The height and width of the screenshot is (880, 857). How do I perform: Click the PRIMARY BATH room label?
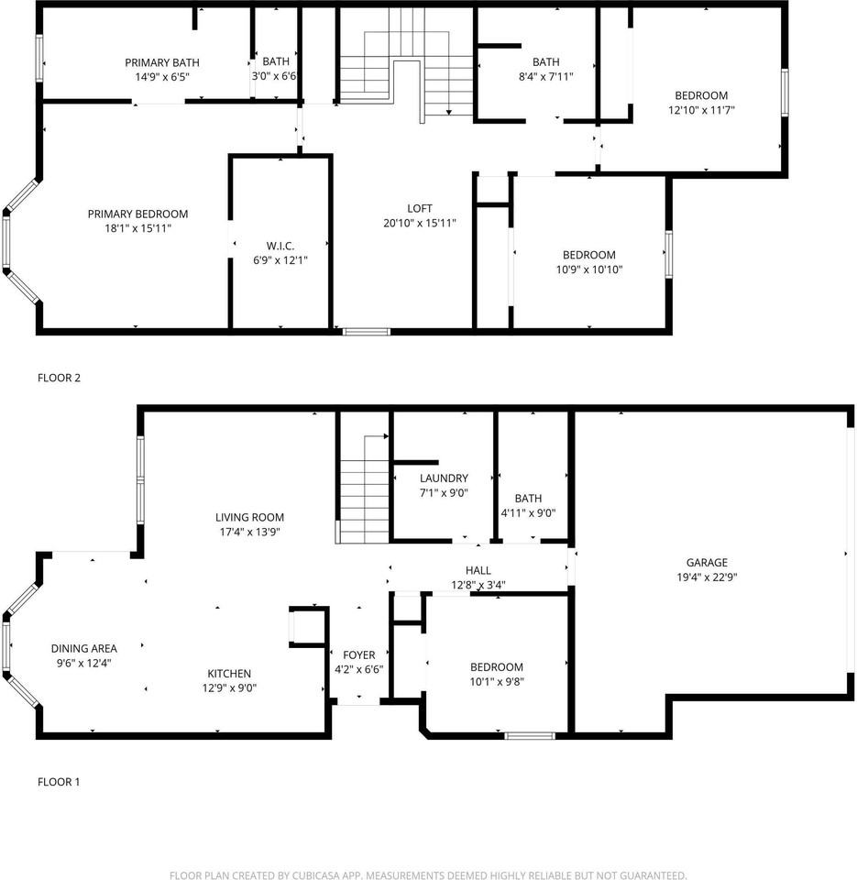(161, 62)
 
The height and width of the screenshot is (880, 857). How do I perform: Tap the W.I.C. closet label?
(280, 246)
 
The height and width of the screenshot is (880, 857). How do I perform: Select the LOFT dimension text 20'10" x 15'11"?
(419, 223)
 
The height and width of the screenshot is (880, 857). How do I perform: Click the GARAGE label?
(707, 562)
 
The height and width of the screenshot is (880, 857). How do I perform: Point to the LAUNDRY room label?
(444, 478)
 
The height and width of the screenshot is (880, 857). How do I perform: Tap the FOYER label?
(358, 654)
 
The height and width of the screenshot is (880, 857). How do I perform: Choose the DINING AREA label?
(84, 648)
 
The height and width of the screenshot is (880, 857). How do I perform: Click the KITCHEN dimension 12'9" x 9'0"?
(229, 688)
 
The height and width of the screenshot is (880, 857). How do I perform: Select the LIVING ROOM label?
(249, 517)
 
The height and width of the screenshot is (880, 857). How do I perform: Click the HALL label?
(478, 570)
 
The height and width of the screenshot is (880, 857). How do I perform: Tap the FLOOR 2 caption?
(59, 378)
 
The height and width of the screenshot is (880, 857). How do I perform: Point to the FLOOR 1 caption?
(59, 782)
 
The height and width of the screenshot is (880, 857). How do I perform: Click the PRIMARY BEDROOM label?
(137, 214)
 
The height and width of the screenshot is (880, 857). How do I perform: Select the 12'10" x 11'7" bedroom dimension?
(701, 110)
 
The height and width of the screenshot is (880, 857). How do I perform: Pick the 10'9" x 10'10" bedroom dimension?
(588, 269)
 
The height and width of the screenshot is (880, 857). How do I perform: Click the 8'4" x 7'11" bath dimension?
(545, 76)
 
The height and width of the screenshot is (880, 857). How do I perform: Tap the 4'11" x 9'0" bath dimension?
(528, 513)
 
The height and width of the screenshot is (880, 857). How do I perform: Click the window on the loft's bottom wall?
(367, 332)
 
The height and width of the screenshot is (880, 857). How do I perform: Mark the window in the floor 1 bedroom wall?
(530, 736)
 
